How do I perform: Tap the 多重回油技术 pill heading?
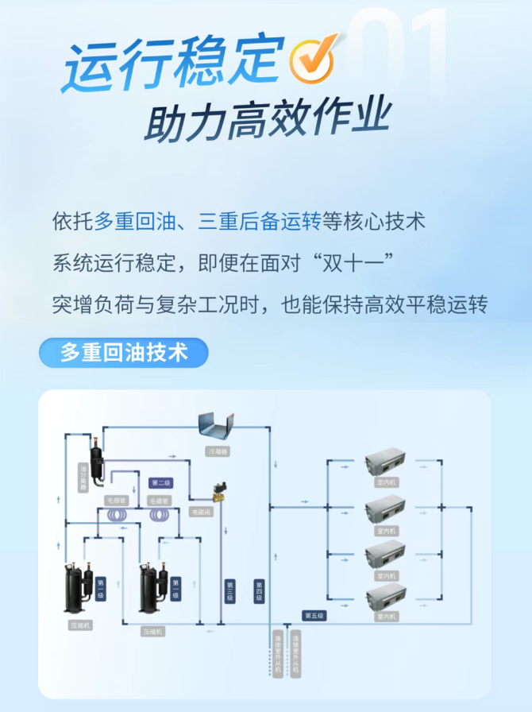tap(123, 352)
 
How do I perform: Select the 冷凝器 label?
tap(218, 451)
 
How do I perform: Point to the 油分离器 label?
tap(83, 478)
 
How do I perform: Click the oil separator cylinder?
tap(97, 462)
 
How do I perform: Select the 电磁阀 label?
tap(202, 513)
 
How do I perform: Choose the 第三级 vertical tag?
tap(229, 590)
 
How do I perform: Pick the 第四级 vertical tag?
tap(258, 590)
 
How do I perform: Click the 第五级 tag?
tap(314, 616)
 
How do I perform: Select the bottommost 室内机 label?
tap(387, 617)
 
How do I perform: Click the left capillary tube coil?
tap(118, 517)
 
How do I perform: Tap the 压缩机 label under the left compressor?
tap(79, 626)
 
